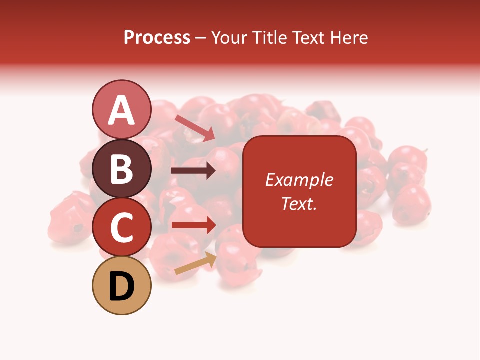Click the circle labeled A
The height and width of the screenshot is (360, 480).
[x=121, y=109]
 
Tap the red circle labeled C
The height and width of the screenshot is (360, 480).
[x=121, y=227]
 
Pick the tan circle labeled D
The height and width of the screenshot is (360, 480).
[x=121, y=286]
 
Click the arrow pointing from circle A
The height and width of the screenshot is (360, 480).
[x=195, y=128]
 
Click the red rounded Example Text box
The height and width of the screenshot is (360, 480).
[x=299, y=191]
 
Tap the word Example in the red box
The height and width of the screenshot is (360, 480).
[x=299, y=180]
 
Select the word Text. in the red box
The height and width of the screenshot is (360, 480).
[x=299, y=204]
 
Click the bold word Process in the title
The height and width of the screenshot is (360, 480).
[x=157, y=37]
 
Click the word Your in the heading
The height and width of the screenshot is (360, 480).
[x=230, y=37]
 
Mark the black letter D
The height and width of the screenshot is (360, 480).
[x=121, y=286]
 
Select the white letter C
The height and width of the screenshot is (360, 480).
[x=121, y=228]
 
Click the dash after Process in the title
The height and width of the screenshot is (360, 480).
[x=200, y=38]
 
